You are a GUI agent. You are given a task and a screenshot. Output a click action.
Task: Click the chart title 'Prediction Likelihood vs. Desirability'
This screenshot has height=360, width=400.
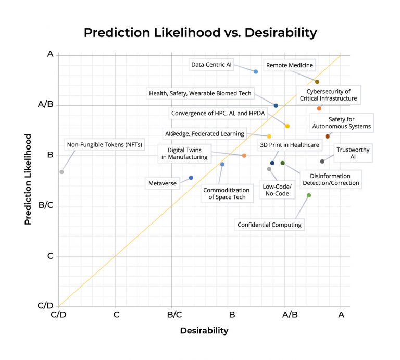200,32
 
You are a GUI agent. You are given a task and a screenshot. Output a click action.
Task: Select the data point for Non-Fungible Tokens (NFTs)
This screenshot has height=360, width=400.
61,171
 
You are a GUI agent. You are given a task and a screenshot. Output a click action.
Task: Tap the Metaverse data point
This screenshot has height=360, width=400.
191,178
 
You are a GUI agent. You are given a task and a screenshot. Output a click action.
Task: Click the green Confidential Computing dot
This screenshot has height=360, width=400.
309,195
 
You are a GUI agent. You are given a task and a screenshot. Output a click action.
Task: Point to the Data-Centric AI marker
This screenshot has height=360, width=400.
256,71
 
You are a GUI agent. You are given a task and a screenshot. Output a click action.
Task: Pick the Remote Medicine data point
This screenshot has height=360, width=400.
317,82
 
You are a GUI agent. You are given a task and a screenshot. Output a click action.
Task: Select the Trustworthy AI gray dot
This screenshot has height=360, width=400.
322,162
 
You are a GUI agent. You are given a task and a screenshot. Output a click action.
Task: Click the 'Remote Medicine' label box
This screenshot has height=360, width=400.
290,65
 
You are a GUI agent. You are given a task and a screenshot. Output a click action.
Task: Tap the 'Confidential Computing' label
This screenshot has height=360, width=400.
269,225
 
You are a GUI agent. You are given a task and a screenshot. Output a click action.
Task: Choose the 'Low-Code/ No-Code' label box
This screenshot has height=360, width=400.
277,190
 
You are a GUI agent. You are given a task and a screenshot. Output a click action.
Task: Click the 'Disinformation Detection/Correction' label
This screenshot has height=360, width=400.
331,180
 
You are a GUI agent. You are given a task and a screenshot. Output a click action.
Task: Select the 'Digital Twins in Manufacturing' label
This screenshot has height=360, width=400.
184,153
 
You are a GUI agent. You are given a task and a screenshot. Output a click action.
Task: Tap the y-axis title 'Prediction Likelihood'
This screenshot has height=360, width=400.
28,179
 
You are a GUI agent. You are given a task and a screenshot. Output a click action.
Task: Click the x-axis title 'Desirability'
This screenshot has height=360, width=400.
204,330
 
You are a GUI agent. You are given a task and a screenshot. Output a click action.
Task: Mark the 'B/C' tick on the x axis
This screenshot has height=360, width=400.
174,315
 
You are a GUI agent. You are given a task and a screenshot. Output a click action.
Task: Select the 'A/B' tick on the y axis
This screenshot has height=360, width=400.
46,104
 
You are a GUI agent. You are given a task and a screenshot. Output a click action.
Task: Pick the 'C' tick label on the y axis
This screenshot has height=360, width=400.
50,256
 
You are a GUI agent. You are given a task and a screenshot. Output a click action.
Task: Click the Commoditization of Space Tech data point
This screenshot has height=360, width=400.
222,164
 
